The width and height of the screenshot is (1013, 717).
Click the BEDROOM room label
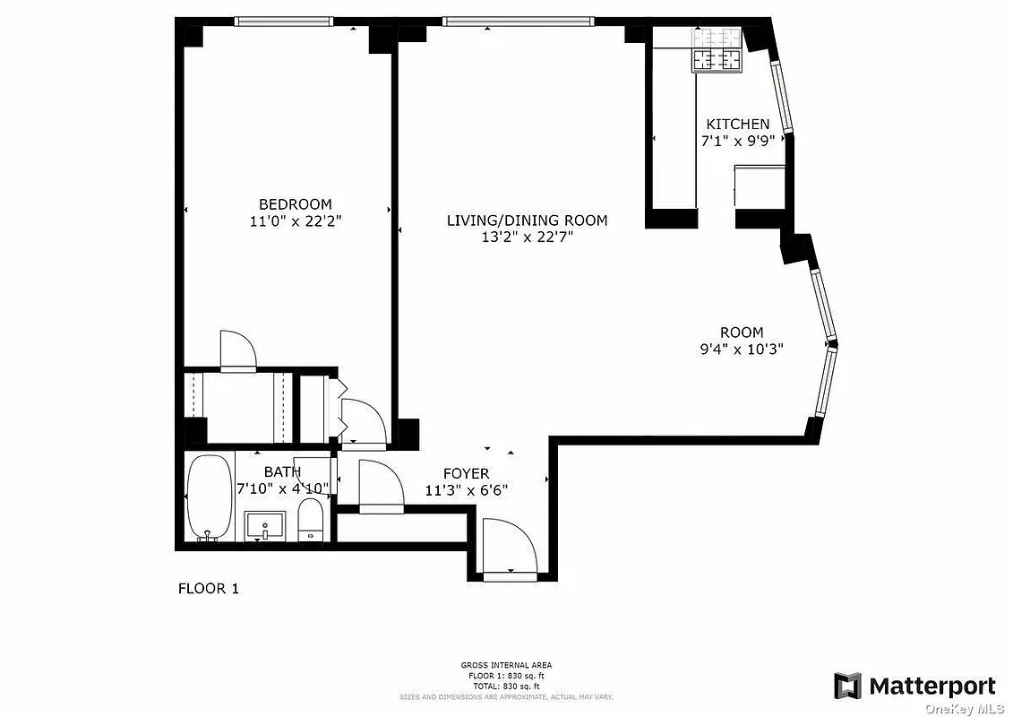(x=295, y=204)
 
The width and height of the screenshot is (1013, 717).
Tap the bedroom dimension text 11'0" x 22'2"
(x=295, y=221)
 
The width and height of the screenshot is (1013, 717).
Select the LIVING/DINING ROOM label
(x=527, y=220)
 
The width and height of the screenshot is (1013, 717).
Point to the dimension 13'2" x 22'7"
(x=527, y=238)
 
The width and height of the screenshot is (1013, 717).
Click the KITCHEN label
(x=737, y=125)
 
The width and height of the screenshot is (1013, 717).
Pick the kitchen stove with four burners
(x=717, y=60)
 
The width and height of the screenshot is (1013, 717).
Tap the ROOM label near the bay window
(x=742, y=333)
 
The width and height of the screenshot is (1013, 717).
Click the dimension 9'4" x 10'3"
(x=742, y=350)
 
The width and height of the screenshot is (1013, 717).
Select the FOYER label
(x=466, y=473)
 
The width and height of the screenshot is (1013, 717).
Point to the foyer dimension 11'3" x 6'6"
(x=466, y=490)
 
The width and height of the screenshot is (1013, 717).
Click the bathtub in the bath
(x=209, y=497)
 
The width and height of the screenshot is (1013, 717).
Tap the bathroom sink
(x=265, y=525)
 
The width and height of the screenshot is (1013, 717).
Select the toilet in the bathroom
(x=310, y=521)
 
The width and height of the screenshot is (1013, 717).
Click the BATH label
(x=282, y=471)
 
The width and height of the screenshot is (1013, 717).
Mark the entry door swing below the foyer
(x=507, y=547)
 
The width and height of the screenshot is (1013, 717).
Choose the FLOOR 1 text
(x=209, y=589)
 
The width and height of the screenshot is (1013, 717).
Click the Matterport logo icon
(x=847, y=686)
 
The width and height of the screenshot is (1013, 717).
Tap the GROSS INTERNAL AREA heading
(x=506, y=665)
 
